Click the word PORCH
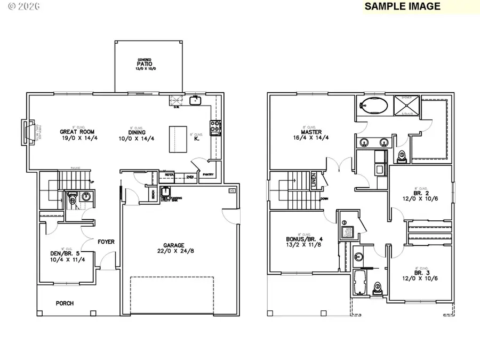65,303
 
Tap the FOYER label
106,242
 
